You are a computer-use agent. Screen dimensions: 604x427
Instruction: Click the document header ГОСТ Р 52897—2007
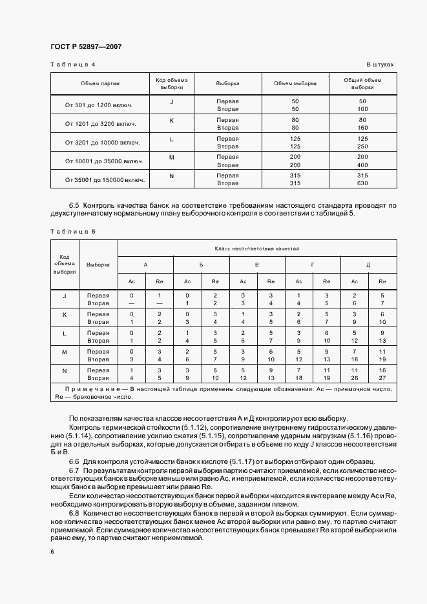[86, 47]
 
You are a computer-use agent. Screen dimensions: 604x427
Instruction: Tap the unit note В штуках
[380, 65]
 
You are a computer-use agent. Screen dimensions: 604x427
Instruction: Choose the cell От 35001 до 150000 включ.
[100, 179]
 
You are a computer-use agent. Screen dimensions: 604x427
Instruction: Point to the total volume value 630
[362, 183]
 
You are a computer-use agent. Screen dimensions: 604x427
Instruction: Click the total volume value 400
[362, 165]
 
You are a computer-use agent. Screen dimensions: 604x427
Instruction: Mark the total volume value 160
[362, 128]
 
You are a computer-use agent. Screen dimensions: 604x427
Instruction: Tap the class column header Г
[313, 265]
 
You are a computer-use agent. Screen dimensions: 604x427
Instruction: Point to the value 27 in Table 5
[382, 378]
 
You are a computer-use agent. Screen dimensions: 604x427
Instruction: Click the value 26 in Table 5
[355, 378]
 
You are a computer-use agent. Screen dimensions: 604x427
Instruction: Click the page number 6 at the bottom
[52, 552]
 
